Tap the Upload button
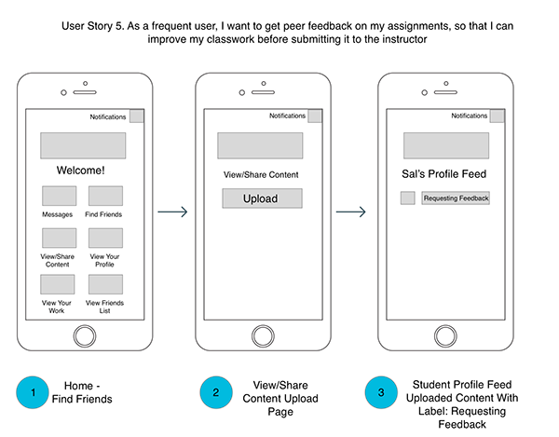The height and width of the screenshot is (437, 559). point(262,198)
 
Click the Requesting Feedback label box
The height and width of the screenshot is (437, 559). point(456,198)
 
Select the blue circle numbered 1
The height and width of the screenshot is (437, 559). point(33,392)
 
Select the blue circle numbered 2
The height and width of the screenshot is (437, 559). point(214,392)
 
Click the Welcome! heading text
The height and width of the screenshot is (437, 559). point(81,171)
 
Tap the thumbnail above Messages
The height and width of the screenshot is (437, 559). point(58,196)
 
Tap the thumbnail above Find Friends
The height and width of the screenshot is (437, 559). point(105,196)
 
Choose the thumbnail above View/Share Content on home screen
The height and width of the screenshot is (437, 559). point(58,238)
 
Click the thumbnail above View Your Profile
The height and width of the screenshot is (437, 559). point(105,238)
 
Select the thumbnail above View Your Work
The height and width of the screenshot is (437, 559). point(58,284)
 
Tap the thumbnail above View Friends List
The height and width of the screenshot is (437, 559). point(105,284)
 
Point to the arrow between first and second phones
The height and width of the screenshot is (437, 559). point(172,212)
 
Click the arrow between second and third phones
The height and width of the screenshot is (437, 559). point(350,212)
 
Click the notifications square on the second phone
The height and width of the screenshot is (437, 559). point(315,116)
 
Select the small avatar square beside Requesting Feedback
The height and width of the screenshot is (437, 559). point(407,198)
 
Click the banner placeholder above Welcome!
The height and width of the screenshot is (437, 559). point(82,145)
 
